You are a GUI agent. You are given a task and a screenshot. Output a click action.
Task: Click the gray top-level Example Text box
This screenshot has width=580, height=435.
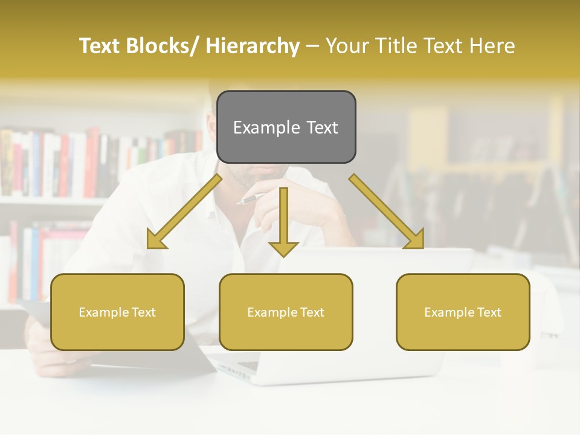coord(286,127)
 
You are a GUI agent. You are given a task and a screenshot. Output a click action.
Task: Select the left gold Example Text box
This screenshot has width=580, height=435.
coord(117,312)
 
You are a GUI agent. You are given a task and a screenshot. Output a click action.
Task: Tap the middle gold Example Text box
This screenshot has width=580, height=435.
coord(286,312)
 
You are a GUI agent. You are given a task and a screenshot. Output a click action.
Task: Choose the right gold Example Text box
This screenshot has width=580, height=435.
coord(463,312)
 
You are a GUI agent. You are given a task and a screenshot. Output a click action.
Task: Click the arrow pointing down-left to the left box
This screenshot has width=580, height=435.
coord(184,211)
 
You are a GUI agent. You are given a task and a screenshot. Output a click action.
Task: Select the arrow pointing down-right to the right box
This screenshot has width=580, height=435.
coord(387,211)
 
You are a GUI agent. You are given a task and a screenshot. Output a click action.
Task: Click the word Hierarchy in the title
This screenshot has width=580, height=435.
coord(253,46)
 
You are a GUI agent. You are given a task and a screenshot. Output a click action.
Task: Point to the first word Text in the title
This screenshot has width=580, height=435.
coord(100,46)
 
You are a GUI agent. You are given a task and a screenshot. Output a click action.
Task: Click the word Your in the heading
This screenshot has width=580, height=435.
coord(346,46)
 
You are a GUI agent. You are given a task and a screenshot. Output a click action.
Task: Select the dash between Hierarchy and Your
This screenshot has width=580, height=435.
coord(312,46)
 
